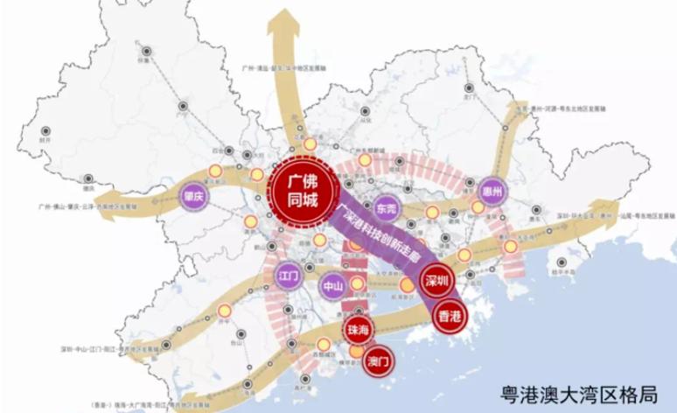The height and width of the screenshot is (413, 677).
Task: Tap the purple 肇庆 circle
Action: (x=193, y=195)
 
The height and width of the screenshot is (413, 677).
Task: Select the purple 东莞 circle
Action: (x=385, y=208)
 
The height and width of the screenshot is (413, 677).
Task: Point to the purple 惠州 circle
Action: (x=493, y=191)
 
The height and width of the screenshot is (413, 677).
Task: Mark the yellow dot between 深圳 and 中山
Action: (x=407, y=286)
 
